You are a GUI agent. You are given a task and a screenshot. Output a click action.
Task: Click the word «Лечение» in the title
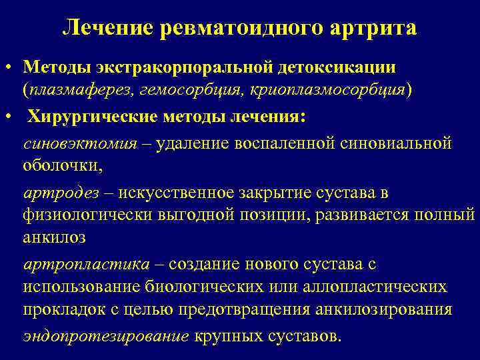point(107,28)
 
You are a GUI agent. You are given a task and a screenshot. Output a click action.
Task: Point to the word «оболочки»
point(62,166)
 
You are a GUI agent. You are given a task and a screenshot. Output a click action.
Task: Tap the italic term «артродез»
point(61,193)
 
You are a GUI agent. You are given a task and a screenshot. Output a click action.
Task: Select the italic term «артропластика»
point(86,264)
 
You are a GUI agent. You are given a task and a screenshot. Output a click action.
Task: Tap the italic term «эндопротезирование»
point(106,335)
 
